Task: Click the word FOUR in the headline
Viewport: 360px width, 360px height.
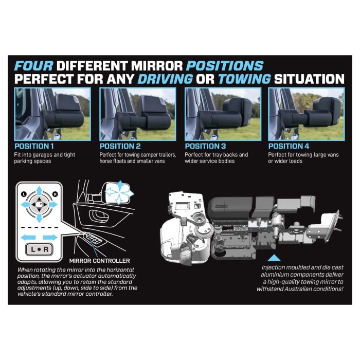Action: click(33, 66)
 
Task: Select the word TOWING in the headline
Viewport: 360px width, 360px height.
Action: click(244, 79)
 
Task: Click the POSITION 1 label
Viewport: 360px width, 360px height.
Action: click(35, 146)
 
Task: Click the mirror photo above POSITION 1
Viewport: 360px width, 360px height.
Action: click(52, 114)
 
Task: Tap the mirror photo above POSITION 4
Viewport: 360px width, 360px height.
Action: click(306, 114)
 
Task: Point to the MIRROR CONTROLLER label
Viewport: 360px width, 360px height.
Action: click(99, 261)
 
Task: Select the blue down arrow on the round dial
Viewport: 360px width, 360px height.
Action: click(39, 215)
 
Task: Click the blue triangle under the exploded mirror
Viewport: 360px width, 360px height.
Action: click(275, 257)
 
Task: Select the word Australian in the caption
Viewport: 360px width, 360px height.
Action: click(301, 289)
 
